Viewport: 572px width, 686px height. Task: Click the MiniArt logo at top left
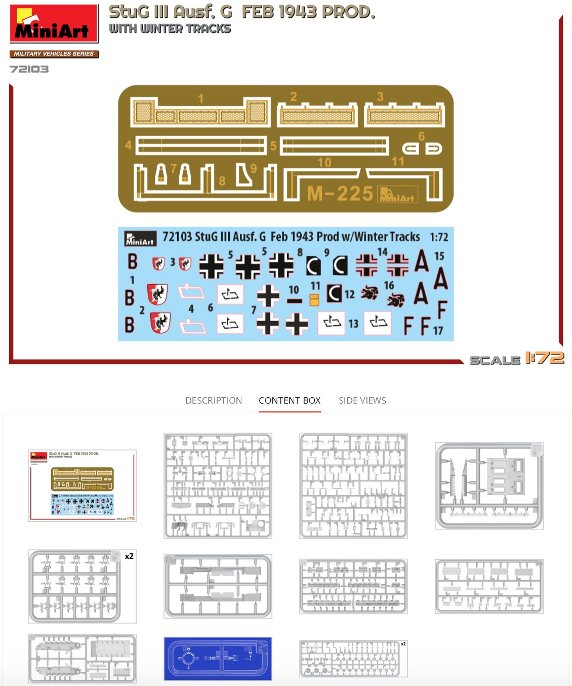pos(53,24)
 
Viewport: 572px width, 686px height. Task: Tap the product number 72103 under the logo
pos(29,69)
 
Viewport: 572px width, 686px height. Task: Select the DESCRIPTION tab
pos(213,400)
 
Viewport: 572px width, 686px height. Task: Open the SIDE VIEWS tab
pos(362,400)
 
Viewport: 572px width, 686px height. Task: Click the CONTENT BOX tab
pos(290,400)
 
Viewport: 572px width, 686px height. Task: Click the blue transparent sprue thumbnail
pos(218,658)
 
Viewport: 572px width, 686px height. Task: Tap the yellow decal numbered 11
pos(314,300)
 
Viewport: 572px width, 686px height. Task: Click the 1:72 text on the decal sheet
pos(438,237)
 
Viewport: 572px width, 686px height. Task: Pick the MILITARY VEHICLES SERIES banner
pos(54,54)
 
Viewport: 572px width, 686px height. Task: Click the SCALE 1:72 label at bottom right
pos(516,359)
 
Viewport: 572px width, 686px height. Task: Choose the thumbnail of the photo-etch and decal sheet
pos(82,485)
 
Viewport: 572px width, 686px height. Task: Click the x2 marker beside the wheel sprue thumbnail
pos(129,556)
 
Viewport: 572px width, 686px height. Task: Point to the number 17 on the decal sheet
pos(438,330)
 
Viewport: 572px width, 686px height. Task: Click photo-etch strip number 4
pos(201,146)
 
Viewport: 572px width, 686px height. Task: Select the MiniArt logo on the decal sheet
pos(140,239)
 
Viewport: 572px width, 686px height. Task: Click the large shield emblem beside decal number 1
pos(157,294)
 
